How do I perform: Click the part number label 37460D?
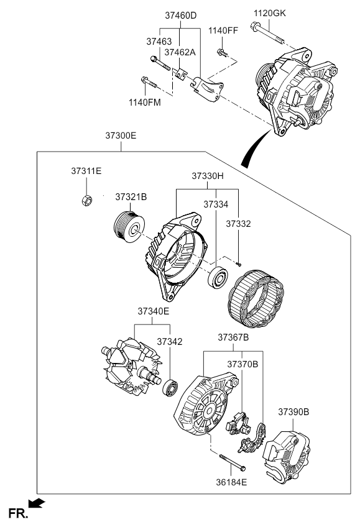pos(180,16)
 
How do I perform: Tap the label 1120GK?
pos(270,13)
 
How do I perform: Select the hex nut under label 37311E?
pos(86,200)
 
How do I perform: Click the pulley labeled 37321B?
pos(129,226)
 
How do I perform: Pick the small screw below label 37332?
pos(239,265)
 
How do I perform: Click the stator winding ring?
pos(256,299)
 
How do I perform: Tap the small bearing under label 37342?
pos(170,388)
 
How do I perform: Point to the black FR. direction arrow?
pos(36,503)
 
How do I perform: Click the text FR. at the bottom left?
pos(18,514)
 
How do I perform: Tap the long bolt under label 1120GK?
pos(267,34)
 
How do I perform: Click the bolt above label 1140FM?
pos(149,82)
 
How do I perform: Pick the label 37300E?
pos(121,135)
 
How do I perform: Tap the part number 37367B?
pos(233,337)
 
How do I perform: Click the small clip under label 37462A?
pos(181,75)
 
